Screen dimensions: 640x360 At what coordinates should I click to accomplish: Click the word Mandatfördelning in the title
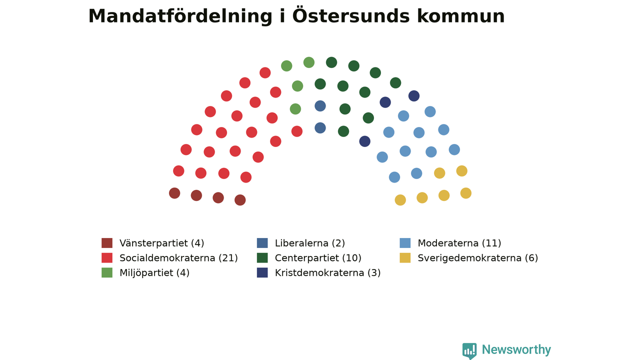(180, 16)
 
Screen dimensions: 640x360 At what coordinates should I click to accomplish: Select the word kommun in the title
(460, 16)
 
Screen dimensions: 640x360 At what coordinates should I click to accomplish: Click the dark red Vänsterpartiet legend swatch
(107, 243)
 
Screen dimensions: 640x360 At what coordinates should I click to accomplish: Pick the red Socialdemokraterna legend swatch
(107, 257)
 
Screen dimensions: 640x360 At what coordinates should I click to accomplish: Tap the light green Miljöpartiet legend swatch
(107, 272)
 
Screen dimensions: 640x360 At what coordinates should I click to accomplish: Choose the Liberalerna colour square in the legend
(262, 243)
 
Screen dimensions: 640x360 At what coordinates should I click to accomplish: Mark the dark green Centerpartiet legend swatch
(262, 257)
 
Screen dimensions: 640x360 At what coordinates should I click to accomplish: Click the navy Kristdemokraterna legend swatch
(262, 272)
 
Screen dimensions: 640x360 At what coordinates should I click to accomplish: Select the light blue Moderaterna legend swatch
(405, 243)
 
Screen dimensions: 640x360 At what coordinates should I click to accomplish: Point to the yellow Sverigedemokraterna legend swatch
(405, 257)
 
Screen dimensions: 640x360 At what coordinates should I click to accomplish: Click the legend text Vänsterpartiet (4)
(161, 243)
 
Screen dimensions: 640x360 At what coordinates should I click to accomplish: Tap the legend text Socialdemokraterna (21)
(178, 258)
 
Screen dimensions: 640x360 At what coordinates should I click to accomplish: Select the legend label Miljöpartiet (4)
(154, 273)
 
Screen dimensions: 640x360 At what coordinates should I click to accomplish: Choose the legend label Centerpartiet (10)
(318, 258)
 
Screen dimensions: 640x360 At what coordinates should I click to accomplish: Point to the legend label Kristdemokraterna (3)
(327, 273)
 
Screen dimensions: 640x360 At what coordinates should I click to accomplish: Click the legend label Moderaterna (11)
(459, 243)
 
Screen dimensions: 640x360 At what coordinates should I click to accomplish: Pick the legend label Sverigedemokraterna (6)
(478, 258)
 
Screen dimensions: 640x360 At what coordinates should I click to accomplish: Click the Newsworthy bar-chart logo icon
(469, 351)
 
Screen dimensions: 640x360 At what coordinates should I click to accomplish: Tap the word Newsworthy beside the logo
(516, 349)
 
